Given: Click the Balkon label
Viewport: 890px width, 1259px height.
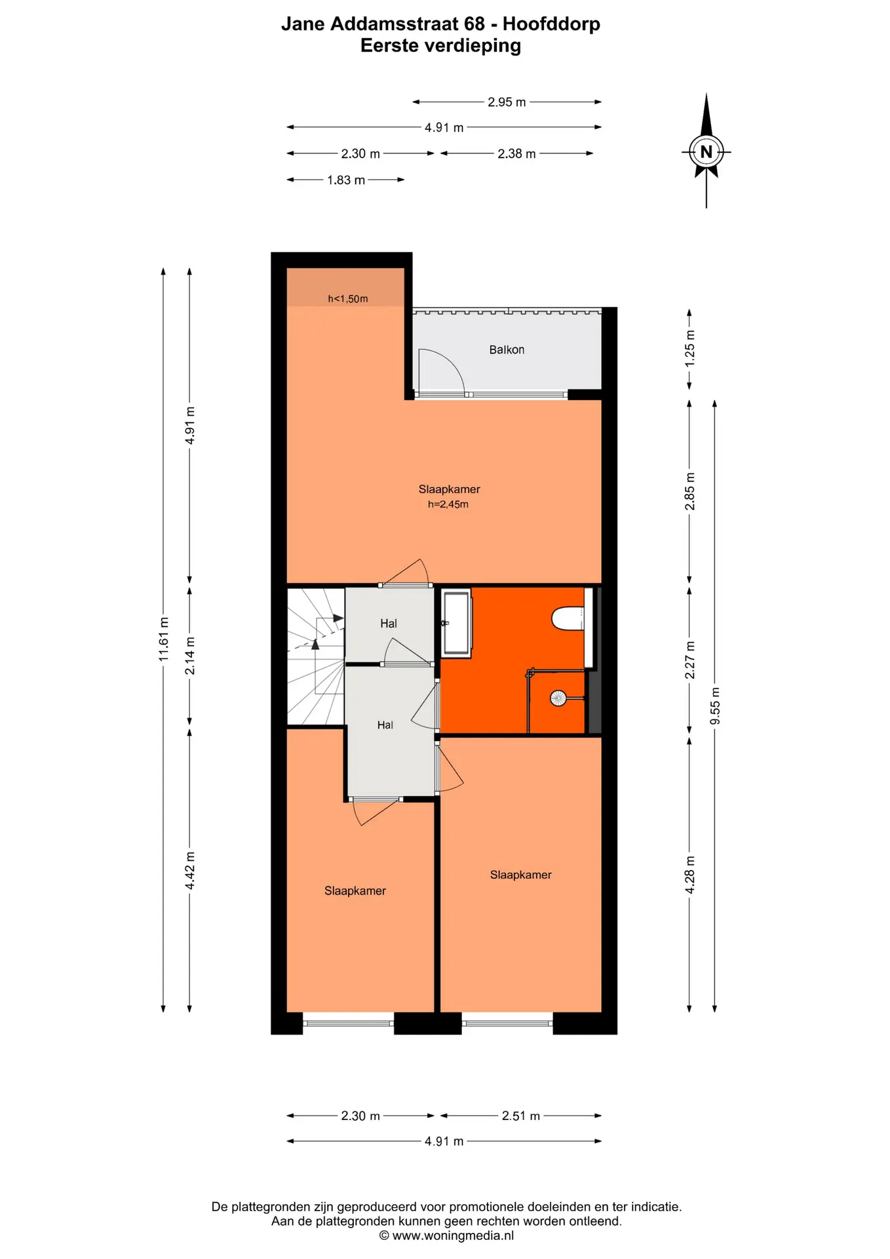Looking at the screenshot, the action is (507, 350).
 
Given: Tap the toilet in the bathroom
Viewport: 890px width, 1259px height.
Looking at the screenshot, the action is (568, 618).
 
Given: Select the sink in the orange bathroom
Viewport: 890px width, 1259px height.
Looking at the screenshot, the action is (456, 622).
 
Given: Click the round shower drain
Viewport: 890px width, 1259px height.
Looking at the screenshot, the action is (558, 698).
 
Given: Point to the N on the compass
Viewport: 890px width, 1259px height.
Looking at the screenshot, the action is (706, 152).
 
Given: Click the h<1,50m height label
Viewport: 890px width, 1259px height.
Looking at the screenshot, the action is (348, 299).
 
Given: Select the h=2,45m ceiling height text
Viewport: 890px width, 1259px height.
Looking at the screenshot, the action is (448, 504).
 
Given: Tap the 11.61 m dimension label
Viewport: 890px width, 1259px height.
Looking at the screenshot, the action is (164, 639).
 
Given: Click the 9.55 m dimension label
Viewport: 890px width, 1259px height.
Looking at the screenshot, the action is (715, 706).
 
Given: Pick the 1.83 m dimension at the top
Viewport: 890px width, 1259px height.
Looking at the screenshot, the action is (346, 180).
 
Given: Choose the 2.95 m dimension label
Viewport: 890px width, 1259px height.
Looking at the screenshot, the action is (507, 102).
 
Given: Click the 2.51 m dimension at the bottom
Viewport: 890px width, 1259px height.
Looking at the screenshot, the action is (521, 1115).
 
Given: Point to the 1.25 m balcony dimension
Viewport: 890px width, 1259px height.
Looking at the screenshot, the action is (689, 348).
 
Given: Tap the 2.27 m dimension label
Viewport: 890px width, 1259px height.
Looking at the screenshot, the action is (689, 660).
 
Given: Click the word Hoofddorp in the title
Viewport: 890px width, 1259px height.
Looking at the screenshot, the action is (551, 24).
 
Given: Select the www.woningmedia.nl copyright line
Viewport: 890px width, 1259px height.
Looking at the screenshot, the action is (446, 1235).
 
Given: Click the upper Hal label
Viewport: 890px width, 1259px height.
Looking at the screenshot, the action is (389, 624).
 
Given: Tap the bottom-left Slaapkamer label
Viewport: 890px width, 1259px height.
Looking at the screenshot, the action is (355, 890).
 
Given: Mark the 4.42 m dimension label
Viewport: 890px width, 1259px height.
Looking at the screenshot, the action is (190, 871).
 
